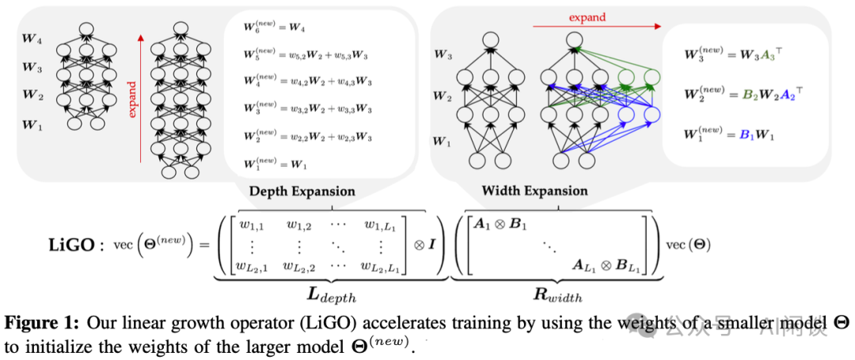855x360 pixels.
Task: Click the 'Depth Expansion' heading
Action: [302, 191]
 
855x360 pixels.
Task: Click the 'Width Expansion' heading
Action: [534, 191]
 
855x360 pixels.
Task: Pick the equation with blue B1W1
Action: [728, 134]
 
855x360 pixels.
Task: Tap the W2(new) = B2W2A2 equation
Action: [738, 95]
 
